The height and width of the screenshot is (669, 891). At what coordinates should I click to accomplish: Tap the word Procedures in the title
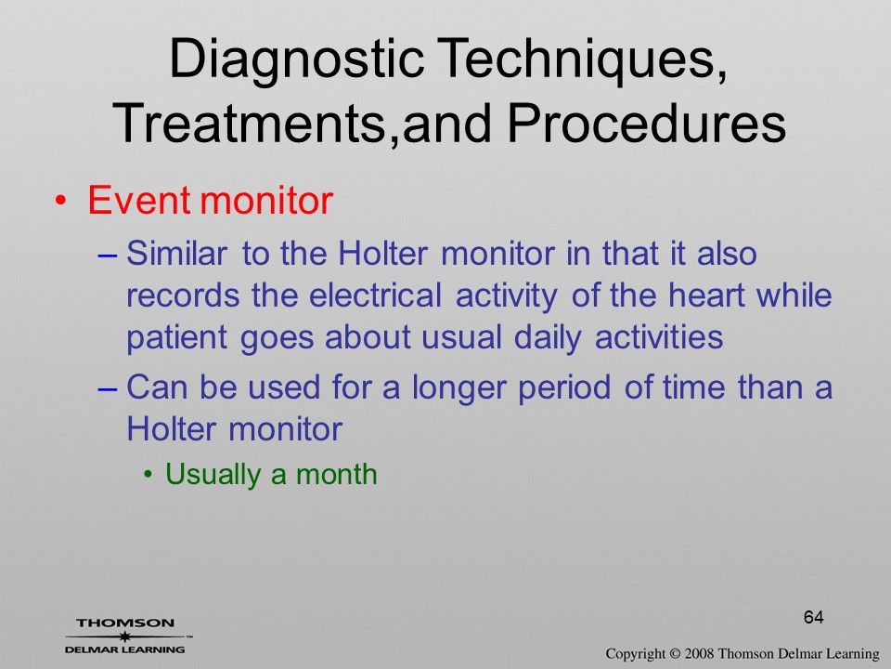click(647, 125)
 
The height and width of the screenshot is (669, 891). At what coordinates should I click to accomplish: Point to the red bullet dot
click(61, 201)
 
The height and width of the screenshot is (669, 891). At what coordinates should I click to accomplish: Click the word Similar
click(176, 253)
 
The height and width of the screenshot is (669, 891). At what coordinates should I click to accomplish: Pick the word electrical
click(375, 295)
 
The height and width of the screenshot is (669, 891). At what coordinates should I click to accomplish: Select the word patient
click(176, 338)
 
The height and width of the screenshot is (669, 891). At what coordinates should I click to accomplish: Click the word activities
click(659, 336)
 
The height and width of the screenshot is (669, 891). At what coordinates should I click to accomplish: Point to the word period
click(563, 388)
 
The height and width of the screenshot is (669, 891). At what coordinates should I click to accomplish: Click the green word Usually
click(213, 475)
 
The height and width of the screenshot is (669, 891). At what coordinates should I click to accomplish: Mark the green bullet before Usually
click(148, 475)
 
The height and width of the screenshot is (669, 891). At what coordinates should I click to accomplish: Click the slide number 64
click(814, 617)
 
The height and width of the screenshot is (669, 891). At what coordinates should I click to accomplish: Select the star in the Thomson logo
click(125, 636)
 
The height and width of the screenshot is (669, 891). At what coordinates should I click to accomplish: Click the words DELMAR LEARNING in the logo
click(125, 649)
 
